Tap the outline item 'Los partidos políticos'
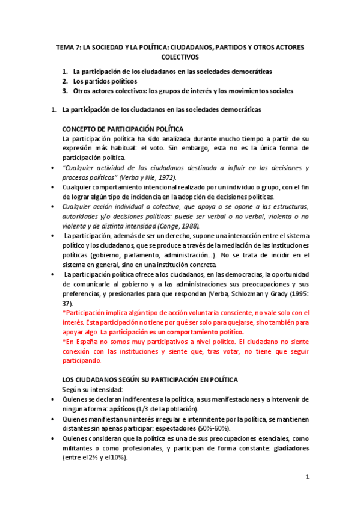coord(105,81)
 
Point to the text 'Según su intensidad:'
coord(93,390)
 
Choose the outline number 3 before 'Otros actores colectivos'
coord(65,91)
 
